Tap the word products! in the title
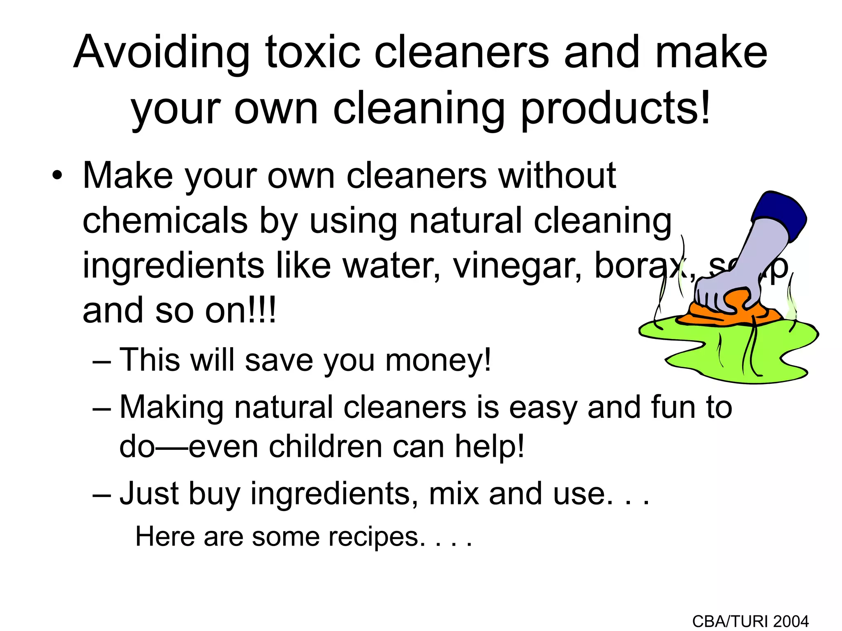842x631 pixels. tap(615, 109)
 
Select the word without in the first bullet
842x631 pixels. tap(557, 177)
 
